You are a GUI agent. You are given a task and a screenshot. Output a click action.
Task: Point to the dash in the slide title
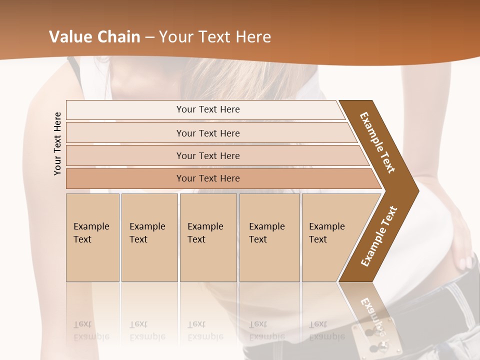(x=150, y=37)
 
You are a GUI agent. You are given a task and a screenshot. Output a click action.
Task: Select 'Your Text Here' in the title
(x=215, y=37)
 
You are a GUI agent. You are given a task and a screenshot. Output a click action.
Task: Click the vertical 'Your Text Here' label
(x=57, y=143)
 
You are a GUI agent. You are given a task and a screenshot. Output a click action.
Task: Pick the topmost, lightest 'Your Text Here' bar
(x=207, y=109)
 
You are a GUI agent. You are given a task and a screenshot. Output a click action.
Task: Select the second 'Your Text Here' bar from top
(x=207, y=133)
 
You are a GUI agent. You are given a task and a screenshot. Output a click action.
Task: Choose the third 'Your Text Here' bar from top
(x=207, y=155)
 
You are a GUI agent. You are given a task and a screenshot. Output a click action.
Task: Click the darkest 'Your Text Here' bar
(x=207, y=178)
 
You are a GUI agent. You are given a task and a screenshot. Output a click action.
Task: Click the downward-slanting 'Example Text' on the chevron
(x=377, y=142)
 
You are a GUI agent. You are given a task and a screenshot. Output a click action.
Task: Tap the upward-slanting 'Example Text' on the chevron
(x=379, y=236)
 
